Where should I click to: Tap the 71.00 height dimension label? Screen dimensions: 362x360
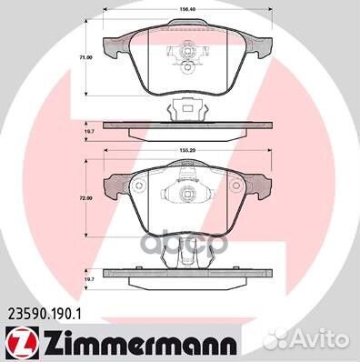click(86, 56)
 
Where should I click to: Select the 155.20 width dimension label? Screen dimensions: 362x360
click(188, 146)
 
